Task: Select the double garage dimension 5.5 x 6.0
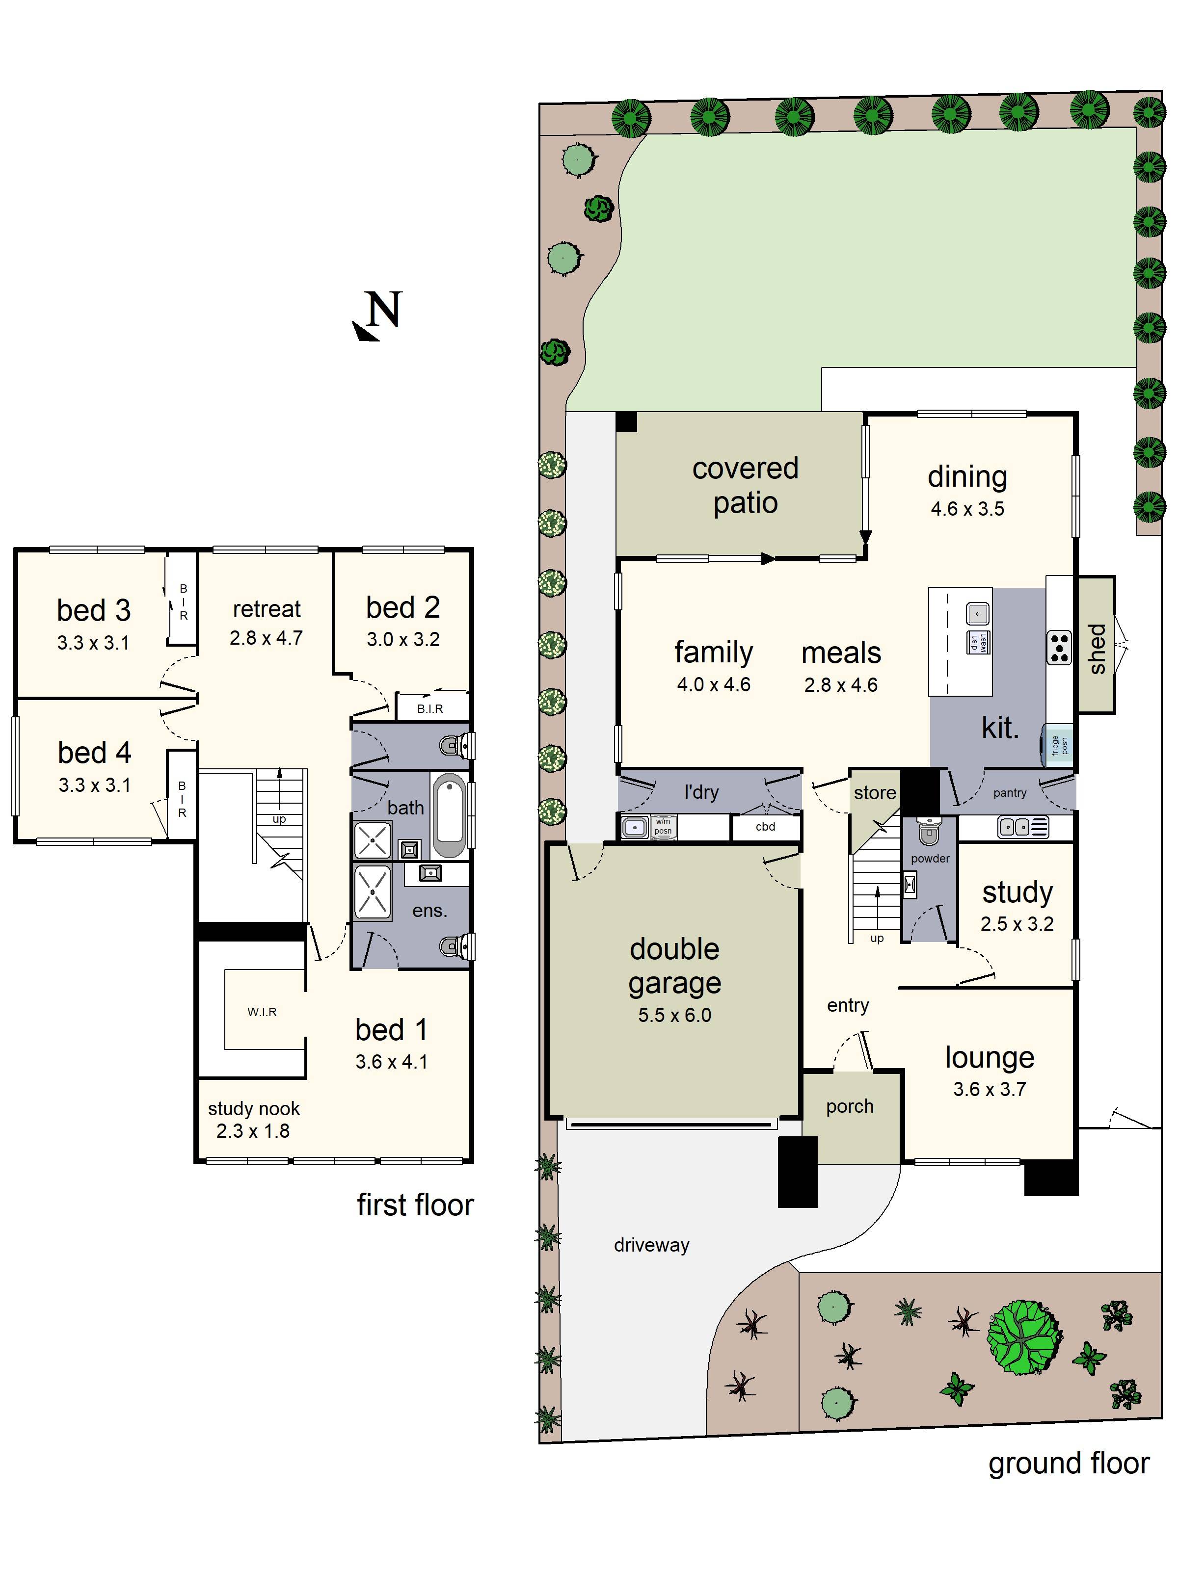(x=674, y=1015)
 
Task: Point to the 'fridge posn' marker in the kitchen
(x=1059, y=745)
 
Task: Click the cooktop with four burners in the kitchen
(x=1059, y=647)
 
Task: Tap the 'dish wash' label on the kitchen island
(x=978, y=642)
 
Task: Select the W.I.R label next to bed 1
(x=262, y=1011)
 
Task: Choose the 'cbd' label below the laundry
(x=765, y=826)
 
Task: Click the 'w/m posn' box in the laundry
(x=663, y=826)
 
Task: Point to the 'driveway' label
(x=651, y=1245)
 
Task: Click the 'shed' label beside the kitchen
(x=1097, y=649)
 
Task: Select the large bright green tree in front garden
(x=1022, y=1336)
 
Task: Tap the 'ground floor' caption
(x=1068, y=1463)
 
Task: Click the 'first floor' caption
(x=415, y=1205)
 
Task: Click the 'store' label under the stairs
(x=874, y=793)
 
